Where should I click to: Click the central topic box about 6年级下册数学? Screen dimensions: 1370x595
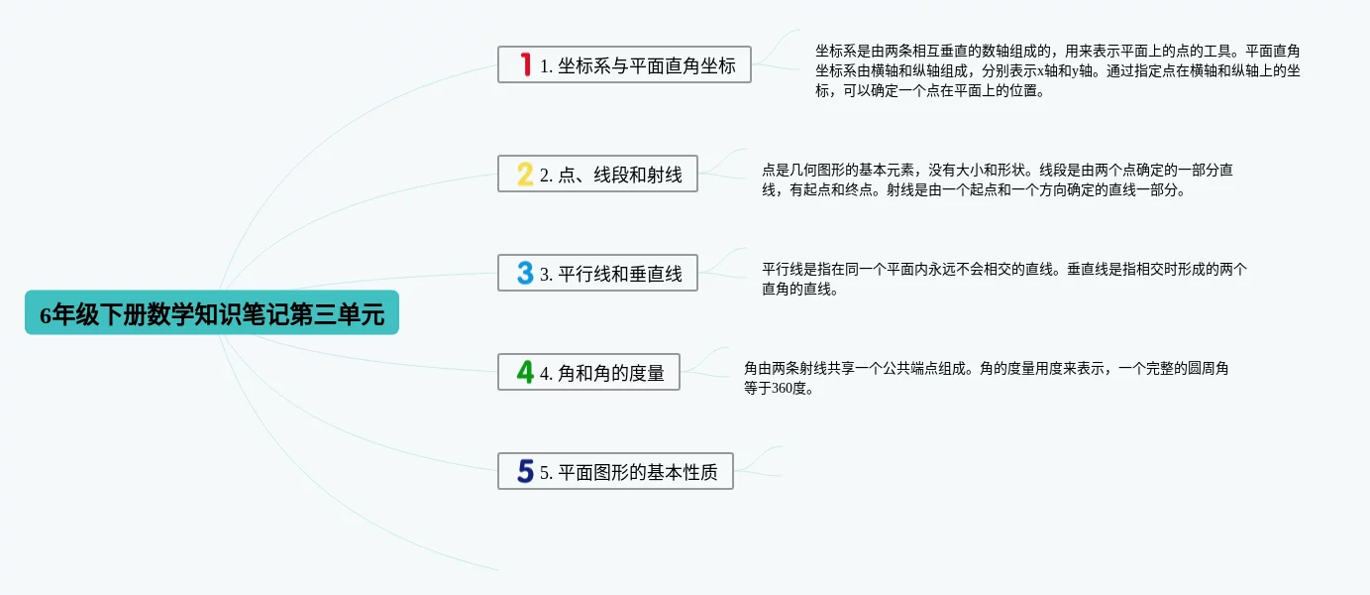click(212, 312)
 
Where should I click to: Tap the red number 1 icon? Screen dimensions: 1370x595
click(525, 64)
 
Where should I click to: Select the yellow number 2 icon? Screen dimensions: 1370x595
click(525, 174)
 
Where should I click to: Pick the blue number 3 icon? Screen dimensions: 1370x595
click(525, 273)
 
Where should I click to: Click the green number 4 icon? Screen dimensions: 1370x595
click(525, 372)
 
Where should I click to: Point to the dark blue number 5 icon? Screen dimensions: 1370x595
click(525, 471)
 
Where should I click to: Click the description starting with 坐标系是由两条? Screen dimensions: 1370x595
click(1058, 70)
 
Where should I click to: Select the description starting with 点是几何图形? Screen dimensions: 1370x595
click(998, 179)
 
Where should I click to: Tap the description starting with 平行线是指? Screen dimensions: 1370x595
click(1004, 279)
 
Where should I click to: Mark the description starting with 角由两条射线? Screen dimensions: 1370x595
click(986, 378)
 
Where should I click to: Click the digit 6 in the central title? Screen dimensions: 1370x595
click(46, 315)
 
